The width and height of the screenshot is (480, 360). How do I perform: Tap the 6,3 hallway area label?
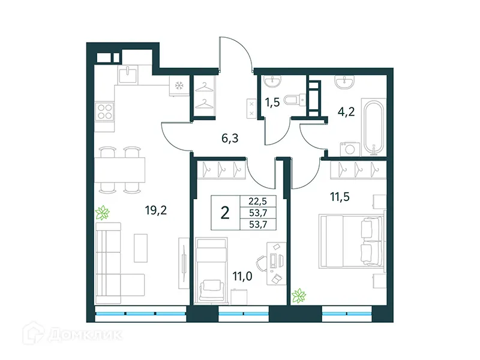click(230, 139)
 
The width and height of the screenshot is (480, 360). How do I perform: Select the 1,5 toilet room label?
click(273, 102)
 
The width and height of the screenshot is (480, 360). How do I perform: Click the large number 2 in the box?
click(225, 213)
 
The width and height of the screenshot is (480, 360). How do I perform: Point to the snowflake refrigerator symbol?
click(178, 86)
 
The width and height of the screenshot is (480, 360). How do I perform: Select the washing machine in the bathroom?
click(347, 148)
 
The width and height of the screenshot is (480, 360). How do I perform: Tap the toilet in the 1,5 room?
click(293, 101)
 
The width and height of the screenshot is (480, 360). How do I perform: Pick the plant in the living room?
click(104, 212)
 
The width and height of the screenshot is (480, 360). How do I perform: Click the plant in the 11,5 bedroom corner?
click(298, 295)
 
